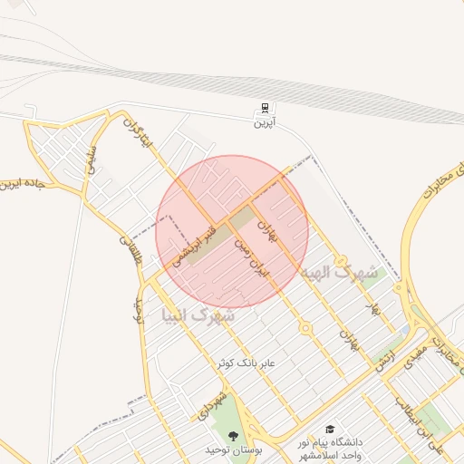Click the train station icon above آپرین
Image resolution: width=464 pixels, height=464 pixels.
click(x=264, y=108)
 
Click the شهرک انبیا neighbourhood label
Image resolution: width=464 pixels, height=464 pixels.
click(x=198, y=316)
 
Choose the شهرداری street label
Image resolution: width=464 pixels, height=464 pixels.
click(x=208, y=405)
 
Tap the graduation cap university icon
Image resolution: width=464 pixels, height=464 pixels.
click(x=331, y=428)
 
